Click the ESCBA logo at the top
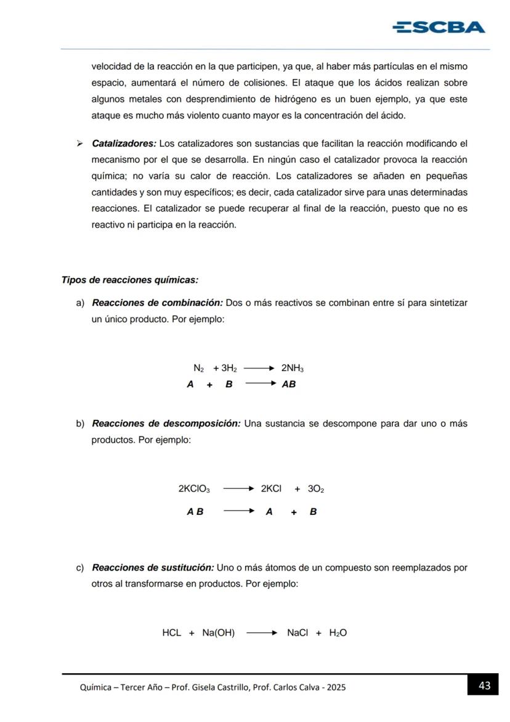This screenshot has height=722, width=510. (439, 27)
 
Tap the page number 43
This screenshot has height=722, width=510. (484, 686)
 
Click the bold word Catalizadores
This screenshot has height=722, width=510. (124, 144)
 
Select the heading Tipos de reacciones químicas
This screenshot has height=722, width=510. (130, 280)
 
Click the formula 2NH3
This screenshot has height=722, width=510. (292, 369)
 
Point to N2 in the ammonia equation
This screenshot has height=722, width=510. (198, 369)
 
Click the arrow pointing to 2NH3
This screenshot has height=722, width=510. (258, 369)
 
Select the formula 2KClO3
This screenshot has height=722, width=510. (193, 489)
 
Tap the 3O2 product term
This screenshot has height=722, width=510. (315, 489)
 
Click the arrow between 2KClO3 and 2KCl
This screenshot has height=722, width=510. (238, 489)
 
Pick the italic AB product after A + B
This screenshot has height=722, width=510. (288, 384)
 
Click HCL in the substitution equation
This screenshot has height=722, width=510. (172, 633)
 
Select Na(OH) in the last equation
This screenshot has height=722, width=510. (218, 633)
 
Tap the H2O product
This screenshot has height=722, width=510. (338, 633)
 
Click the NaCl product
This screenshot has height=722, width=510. (297, 633)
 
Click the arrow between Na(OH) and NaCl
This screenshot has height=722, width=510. (261, 633)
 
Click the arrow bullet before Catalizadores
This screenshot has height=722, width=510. (79, 144)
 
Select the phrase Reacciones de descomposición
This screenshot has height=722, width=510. (166, 424)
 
